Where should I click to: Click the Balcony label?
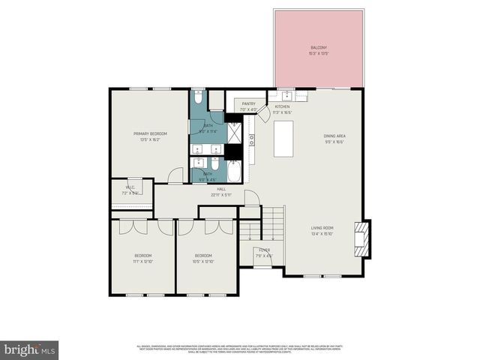318,49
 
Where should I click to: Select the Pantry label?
247,106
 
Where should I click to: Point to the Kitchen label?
282,109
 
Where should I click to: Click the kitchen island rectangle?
283,139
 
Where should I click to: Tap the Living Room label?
322,230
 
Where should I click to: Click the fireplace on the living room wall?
362,238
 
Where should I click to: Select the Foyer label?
265,252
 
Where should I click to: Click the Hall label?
221,191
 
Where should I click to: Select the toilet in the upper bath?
198,97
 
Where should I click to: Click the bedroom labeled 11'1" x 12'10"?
143,258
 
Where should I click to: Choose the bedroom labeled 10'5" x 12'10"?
204,258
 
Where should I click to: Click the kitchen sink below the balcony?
288,96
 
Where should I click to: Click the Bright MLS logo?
30,349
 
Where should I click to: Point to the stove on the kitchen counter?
252,139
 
